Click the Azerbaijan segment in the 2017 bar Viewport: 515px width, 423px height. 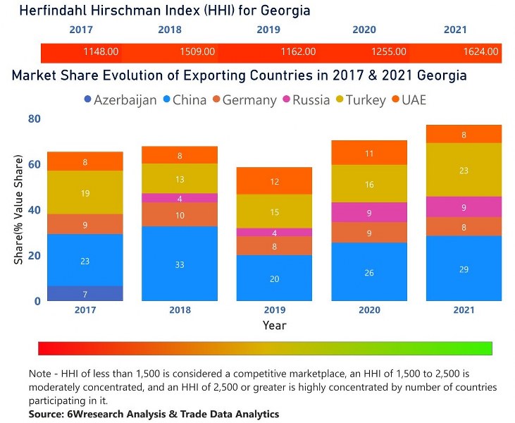tap(85, 293)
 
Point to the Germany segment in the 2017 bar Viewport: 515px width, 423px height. tap(85, 224)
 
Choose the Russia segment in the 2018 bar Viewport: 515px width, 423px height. tap(179, 198)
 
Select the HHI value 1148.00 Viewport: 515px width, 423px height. tap(101, 51)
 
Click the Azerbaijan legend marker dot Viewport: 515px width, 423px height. tap(87, 100)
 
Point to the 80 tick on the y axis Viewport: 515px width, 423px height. tap(34, 119)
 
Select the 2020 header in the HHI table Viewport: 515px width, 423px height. tap(364, 30)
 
